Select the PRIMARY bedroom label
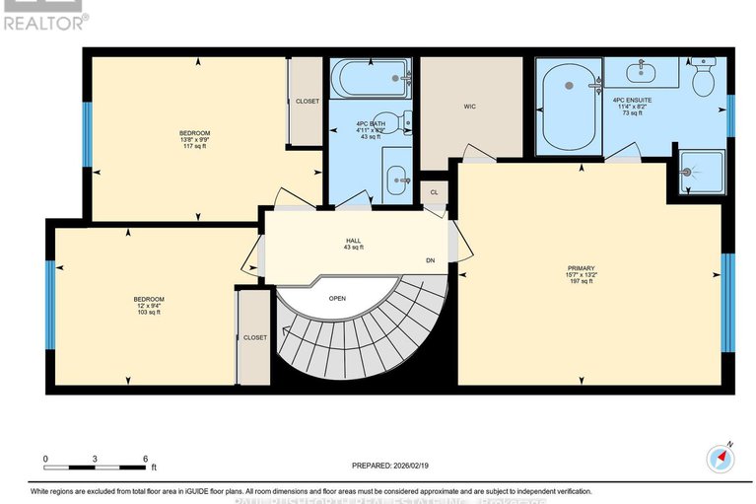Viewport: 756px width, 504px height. [x=581, y=267]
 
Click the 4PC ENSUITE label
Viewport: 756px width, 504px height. [x=632, y=100]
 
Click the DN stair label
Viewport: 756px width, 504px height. [x=431, y=260]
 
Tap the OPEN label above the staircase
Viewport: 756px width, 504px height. [x=337, y=297]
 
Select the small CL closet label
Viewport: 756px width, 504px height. [x=434, y=192]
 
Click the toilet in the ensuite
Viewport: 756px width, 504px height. [x=704, y=79]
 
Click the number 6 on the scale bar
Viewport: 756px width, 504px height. [x=145, y=459]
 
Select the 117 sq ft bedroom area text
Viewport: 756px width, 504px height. [x=194, y=148]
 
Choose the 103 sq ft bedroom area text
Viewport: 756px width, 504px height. [x=149, y=314]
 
